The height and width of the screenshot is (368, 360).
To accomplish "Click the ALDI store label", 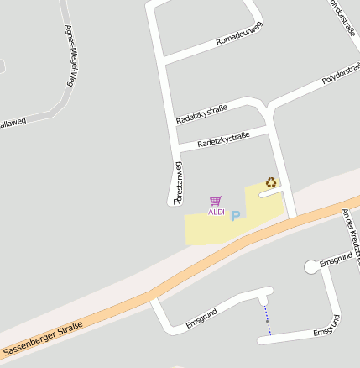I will [x=217, y=212].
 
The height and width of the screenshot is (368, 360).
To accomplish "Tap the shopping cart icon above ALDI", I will [x=216, y=201].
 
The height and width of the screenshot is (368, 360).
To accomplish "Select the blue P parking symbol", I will [x=236, y=216].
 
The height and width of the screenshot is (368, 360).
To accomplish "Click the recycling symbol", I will [x=271, y=181].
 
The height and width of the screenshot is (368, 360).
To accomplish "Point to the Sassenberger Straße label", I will [x=43, y=338].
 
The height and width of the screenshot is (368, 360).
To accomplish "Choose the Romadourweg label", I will [x=239, y=34].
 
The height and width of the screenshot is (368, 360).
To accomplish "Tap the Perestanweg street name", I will [x=178, y=183].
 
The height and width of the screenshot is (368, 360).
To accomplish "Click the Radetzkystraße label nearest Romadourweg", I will [x=201, y=115].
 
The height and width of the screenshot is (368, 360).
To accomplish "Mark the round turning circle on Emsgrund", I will [x=311, y=266].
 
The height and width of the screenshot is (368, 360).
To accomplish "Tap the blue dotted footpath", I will [x=268, y=319].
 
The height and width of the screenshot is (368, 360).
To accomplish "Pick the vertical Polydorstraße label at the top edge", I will [x=342, y=18].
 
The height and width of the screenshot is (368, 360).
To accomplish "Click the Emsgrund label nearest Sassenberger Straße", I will [x=201, y=317].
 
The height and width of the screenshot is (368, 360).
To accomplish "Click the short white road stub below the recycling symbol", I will [x=271, y=193].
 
